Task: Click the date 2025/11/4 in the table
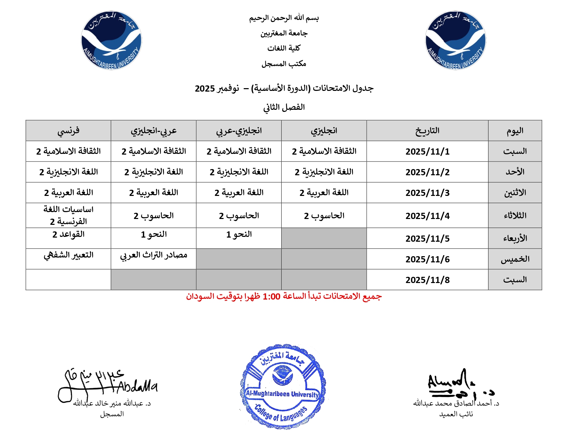427,216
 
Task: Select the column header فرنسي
68,131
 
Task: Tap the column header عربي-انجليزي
154,131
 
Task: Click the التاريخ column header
427,131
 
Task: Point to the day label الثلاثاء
515,216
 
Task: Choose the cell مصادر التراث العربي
154,255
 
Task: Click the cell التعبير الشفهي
68,255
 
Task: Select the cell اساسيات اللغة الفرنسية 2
68,215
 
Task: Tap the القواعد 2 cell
68,234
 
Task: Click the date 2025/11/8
427,280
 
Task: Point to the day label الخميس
515,259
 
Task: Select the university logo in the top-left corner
112,40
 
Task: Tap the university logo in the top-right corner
456,40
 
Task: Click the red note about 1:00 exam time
284,296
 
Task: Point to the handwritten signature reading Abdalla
107,384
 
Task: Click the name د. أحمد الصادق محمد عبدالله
456,403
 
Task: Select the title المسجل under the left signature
112,414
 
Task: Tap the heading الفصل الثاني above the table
284,107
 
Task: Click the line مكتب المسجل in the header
284,64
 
